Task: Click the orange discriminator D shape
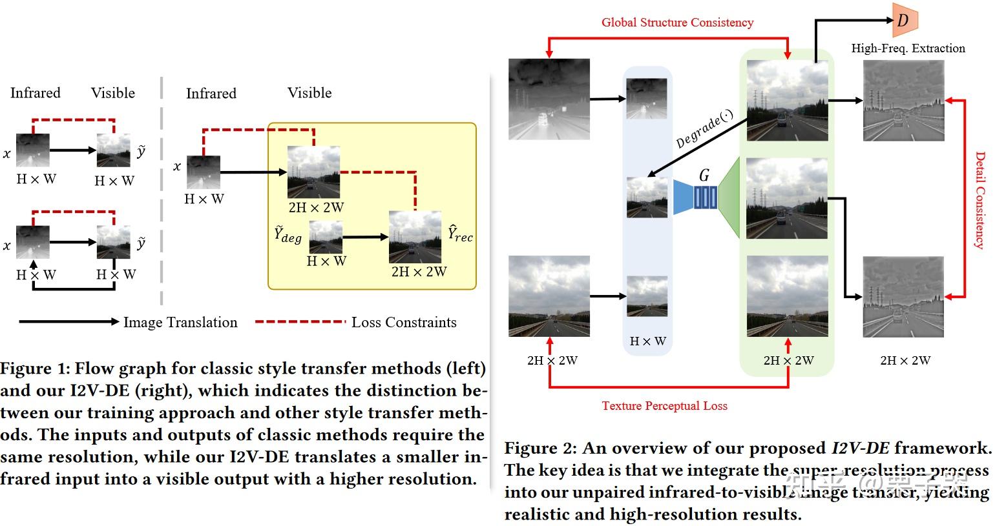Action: (x=904, y=20)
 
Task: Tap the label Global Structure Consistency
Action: (x=677, y=23)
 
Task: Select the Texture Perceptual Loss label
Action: (x=664, y=406)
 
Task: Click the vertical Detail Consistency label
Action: (x=980, y=200)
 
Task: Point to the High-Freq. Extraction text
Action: (x=908, y=48)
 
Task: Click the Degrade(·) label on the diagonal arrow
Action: (x=704, y=130)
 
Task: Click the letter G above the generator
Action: (x=704, y=176)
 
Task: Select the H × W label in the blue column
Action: (x=647, y=341)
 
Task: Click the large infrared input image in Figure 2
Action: (x=549, y=99)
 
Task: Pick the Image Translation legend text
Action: (x=180, y=322)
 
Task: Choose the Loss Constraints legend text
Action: (x=404, y=322)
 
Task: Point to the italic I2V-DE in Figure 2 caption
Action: (x=860, y=448)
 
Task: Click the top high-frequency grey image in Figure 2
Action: (x=903, y=100)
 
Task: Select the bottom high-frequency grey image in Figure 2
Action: (x=903, y=296)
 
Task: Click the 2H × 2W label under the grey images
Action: (x=905, y=361)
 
